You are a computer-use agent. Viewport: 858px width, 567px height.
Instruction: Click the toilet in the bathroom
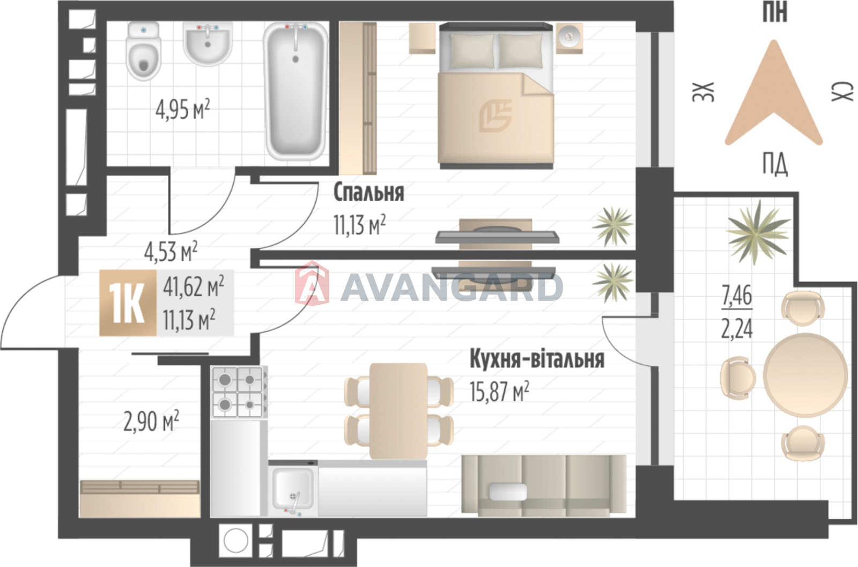click(143, 51)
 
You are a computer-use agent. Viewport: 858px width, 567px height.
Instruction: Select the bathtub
click(295, 91)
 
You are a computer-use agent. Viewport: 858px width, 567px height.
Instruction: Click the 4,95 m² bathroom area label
click(183, 109)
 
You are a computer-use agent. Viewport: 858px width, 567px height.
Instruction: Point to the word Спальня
click(368, 192)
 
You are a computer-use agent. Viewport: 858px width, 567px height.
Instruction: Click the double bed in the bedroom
click(496, 96)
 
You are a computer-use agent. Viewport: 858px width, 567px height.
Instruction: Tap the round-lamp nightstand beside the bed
click(569, 38)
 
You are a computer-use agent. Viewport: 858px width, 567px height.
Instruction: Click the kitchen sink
click(293, 489)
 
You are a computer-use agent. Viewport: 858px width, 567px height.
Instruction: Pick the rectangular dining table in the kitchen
click(398, 411)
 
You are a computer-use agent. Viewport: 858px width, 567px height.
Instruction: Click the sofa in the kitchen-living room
click(544, 485)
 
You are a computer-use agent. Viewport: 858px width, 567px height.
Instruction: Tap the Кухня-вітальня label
click(537, 359)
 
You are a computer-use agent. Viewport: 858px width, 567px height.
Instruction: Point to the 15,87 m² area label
click(499, 391)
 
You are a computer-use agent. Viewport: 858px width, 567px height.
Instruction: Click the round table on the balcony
click(805, 374)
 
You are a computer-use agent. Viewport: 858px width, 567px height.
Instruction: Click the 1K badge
click(128, 303)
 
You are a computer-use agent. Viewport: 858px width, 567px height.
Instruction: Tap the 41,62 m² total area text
click(194, 288)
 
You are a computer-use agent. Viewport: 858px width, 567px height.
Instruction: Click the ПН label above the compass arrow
click(774, 12)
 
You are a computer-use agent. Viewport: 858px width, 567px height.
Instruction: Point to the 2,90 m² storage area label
click(151, 421)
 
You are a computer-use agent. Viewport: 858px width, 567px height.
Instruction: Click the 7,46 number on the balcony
click(737, 296)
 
